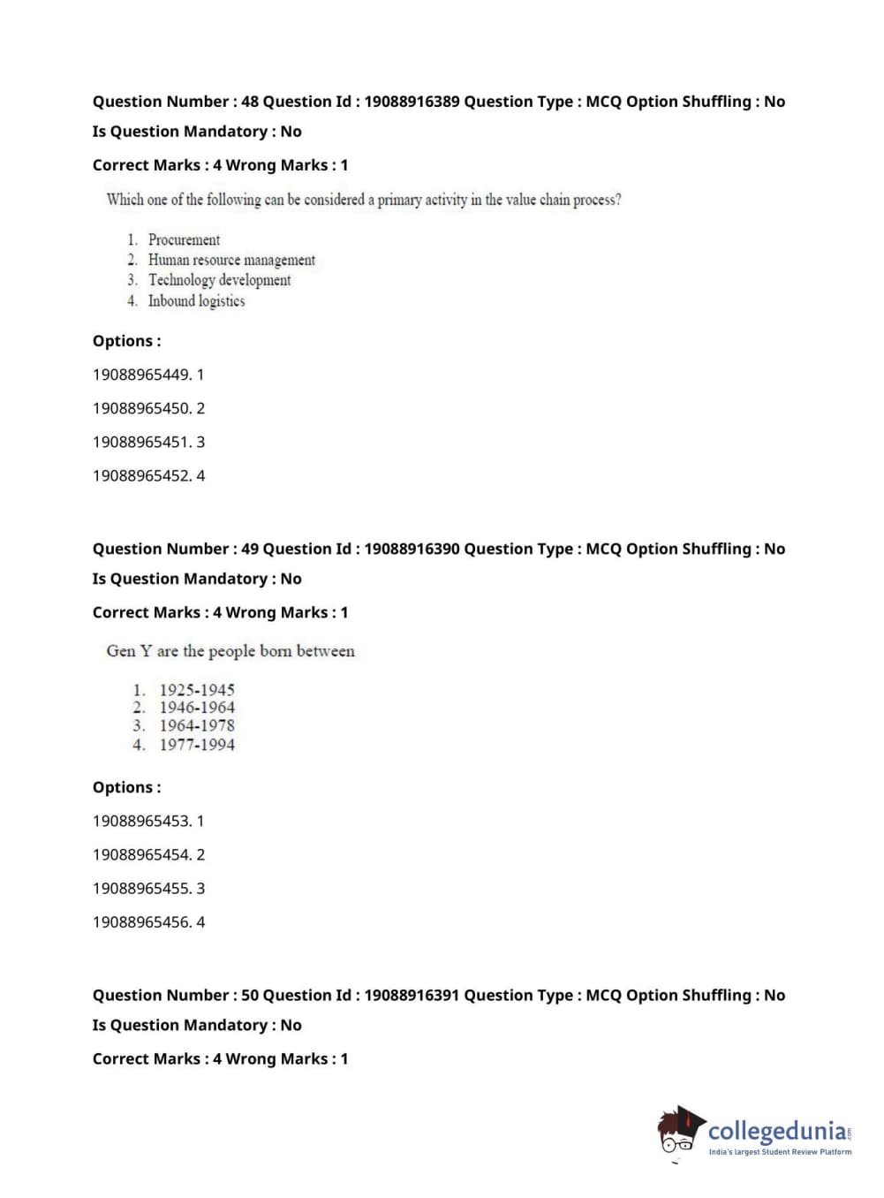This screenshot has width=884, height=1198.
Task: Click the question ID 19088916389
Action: (412, 102)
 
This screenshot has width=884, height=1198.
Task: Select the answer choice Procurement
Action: (184, 239)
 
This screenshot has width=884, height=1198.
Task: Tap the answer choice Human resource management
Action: (231, 260)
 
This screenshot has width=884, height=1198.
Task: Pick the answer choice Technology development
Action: (219, 280)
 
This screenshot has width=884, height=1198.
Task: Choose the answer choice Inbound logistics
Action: (196, 301)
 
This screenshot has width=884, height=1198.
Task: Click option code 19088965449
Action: (141, 375)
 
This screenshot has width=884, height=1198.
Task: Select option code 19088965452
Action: (141, 475)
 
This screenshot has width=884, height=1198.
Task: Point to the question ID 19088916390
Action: (412, 549)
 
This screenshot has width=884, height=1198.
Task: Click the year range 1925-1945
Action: (197, 690)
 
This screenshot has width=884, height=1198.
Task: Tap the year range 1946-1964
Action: (197, 708)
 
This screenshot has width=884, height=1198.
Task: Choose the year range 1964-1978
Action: (197, 726)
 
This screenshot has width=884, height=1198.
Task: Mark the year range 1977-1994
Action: (197, 745)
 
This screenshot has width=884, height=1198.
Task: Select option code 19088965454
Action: (141, 854)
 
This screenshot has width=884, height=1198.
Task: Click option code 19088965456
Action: (141, 921)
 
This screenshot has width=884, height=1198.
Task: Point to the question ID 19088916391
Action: (412, 995)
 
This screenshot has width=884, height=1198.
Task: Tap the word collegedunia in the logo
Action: (776, 1131)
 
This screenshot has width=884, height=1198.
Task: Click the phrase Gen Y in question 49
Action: (129, 651)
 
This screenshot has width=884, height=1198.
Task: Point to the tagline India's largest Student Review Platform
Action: (780, 1152)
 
